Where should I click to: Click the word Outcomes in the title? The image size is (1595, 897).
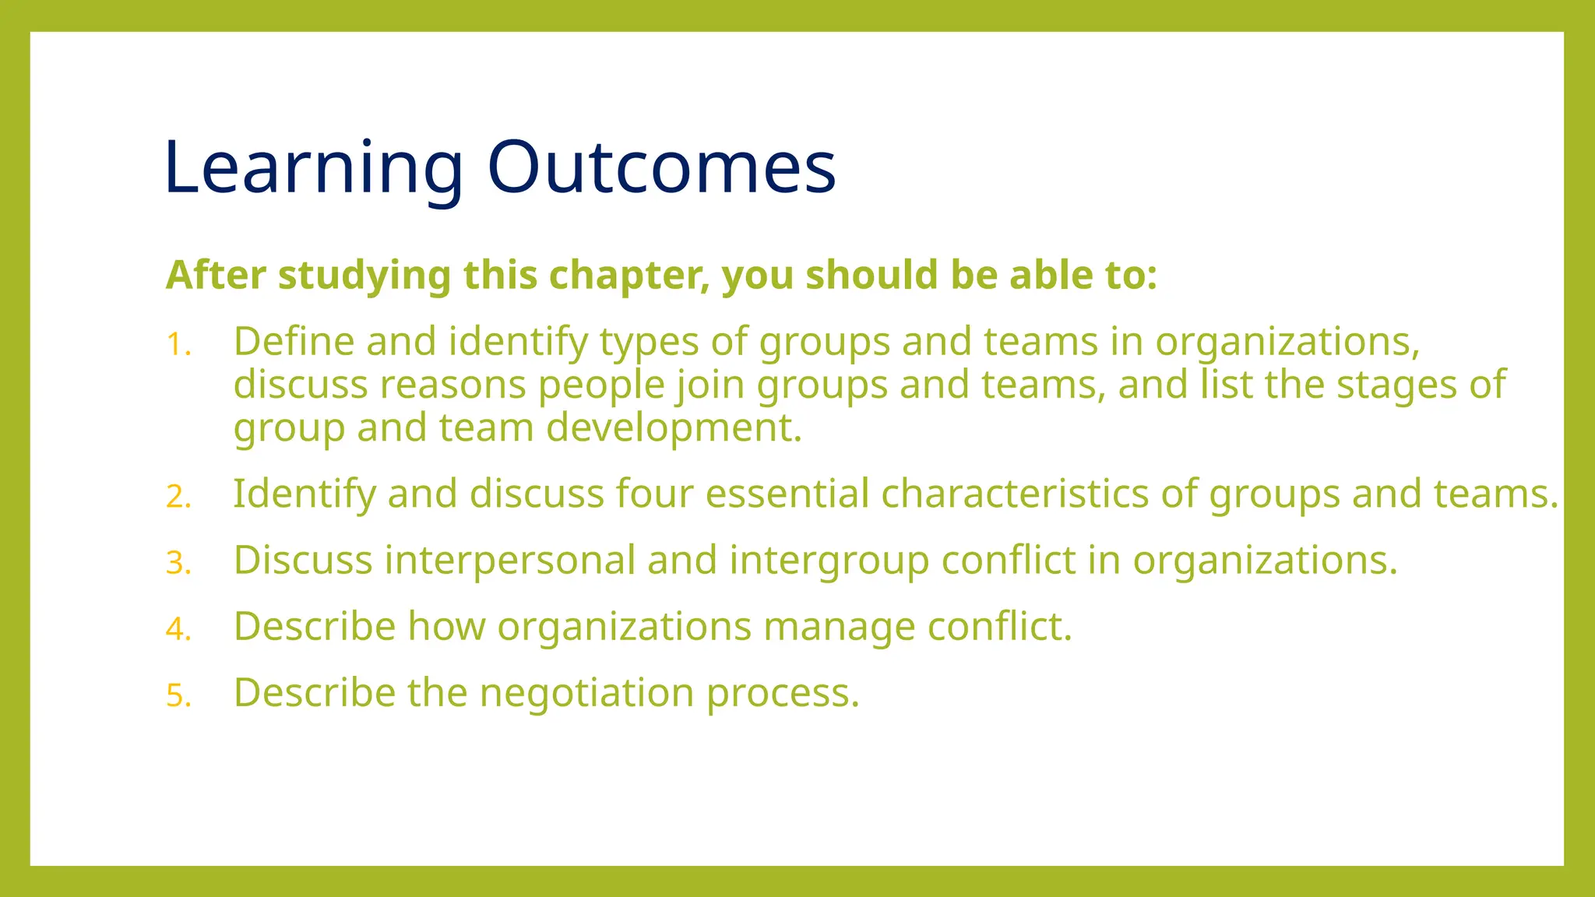pyautogui.click(x=661, y=167)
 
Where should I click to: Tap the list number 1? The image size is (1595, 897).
pyautogui.click(x=178, y=345)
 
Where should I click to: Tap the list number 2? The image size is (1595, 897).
pyautogui.click(x=178, y=497)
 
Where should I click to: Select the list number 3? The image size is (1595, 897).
pyautogui.click(x=178, y=563)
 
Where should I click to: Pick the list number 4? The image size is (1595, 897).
pyautogui.click(x=178, y=629)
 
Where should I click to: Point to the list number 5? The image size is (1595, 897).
pyautogui.click(x=178, y=695)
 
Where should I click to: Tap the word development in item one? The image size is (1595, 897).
pyautogui.click(x=674, y=427)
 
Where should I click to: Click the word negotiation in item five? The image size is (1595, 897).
pyautogui.click(x=586, y=693)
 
